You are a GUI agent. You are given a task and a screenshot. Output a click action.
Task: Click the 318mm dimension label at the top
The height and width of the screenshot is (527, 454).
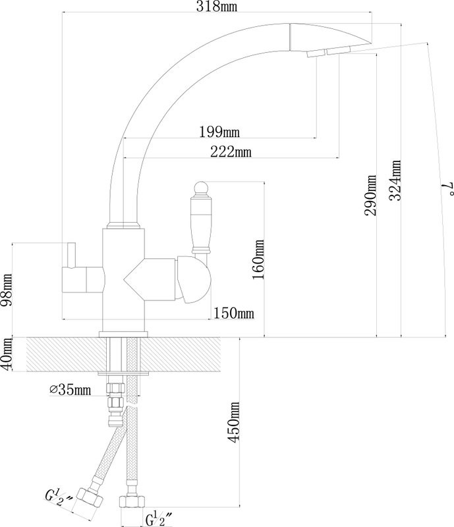click(217, 7)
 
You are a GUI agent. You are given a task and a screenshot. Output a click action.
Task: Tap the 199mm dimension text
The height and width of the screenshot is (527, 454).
click(219, 131)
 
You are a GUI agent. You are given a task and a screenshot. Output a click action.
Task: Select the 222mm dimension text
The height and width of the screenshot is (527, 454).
click(231, 152)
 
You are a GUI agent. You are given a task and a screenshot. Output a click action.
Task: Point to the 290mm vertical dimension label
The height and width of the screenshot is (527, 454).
click(370, 195)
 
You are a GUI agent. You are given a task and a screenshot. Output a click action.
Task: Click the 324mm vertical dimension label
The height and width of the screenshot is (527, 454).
click(395, 180)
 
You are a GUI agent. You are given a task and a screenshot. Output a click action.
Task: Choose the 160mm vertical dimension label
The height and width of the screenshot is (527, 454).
click(258, 260)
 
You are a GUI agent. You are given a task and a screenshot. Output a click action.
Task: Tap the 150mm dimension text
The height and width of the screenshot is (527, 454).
click(234, 314)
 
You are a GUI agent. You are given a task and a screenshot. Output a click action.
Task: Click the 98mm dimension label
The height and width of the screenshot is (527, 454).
click(7, 290)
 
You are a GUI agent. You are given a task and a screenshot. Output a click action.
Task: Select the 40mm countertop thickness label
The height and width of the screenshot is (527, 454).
click(7, 354)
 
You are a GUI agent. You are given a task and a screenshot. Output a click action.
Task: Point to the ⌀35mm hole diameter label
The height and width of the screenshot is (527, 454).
click(71, 389)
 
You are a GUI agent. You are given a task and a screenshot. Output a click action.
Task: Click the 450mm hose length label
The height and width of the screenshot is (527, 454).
click(234, 422)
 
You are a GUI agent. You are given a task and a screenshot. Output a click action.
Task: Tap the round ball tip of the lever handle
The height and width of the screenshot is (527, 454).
click(201, 188)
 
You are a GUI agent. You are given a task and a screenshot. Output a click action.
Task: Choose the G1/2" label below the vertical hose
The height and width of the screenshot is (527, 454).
click(159, 518)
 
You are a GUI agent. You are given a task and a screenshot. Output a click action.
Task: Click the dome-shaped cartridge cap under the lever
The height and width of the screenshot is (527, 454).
click(193, 279)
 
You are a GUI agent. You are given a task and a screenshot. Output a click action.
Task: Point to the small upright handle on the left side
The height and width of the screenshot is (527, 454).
click(71, 255)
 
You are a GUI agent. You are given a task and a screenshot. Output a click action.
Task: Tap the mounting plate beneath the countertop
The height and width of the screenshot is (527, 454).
click(124, 373)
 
